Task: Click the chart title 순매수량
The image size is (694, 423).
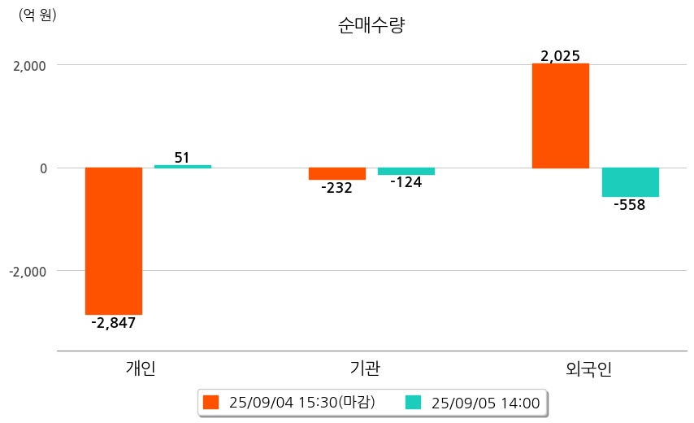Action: [x=371, y=25]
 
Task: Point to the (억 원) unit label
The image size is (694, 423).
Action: [x=37, y=15]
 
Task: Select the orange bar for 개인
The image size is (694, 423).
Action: [x=114, y=241]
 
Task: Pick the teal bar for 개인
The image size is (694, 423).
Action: [x=183, y=166]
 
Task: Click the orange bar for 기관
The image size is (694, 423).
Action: [x=336, y=173]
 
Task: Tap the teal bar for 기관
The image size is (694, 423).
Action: [x=406, y=171]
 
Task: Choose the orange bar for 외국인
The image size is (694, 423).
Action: [x=561, y=116]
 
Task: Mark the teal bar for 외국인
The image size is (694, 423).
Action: [x=630, y=182]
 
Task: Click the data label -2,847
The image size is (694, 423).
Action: [x=113, y=323]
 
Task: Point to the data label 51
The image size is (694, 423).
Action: [x=183, y=157]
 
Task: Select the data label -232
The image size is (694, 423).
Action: [x=336, y=188]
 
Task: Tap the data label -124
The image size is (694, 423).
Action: [x=406, y=182]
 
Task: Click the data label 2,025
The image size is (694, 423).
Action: [x=560, y=56]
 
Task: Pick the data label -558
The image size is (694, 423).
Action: [x=629, y=205]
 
